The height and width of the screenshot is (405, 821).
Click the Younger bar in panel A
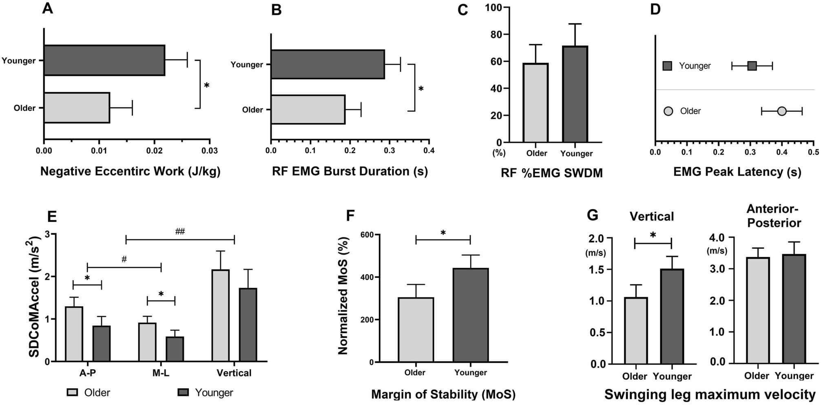pyautogui.click(x=104, y=60)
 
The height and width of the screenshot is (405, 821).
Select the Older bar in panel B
pyautogui.click(x=308, y=109)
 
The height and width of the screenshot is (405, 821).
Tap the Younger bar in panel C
pyautogui.click(x=575, y=94)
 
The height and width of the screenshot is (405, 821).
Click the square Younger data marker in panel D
pyautogui.click(x=752, y=66)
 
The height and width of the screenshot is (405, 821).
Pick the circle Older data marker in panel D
pyautogui.click(x=781, y=111)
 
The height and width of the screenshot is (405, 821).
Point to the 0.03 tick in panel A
pyautogui.click(x=210, y=151)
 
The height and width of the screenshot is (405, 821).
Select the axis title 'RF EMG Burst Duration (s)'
pyautogui.click(x=350, y=171)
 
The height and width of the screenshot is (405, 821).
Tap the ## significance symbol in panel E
pyautogui.click(x=180, y=232)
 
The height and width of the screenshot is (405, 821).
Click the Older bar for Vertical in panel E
pyautogui.click(x=220, y=316)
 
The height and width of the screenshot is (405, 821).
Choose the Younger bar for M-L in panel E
pyautogui.click(x=175, y=349)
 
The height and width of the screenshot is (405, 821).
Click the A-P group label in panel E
pyautogui.click(x=88, y=373)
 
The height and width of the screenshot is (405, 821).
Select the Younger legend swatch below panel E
pyautogui.click(x=184, y=392)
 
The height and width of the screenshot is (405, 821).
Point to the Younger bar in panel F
pyautogui.click(x=470, y=315)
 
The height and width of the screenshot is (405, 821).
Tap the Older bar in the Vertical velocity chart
pyautogui.click(x=635, y=330)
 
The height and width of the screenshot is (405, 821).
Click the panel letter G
pyautogui.click(x=592, y=215)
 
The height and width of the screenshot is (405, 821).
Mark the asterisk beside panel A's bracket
pyautogui.click(x=206, y=86)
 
